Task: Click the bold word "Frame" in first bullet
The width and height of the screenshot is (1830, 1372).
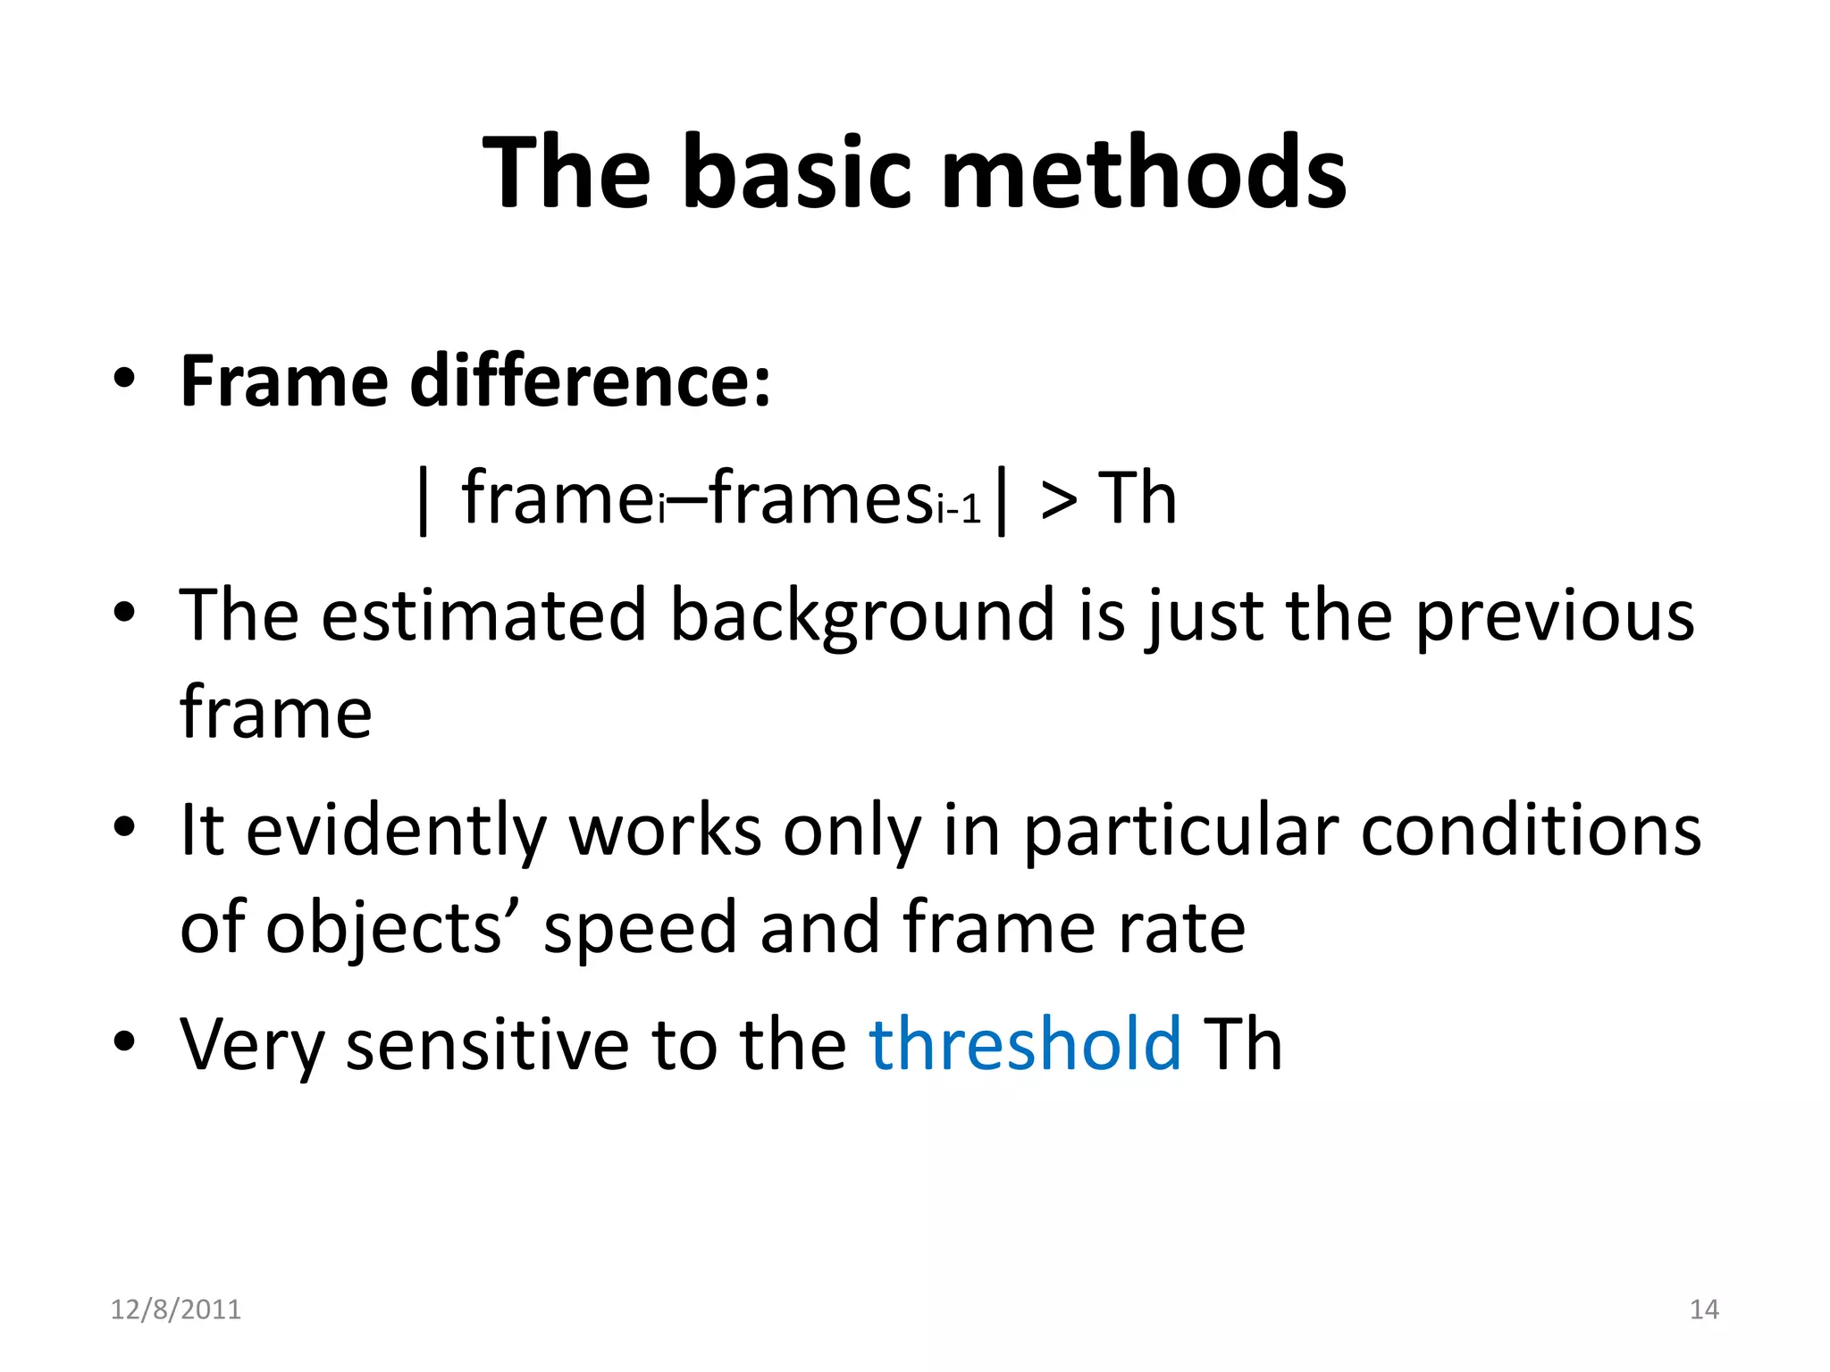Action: tap(284, 381)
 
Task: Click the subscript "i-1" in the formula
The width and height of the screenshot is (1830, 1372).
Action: tap(960, 511)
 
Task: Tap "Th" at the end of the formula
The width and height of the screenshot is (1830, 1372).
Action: tap(1137, 498)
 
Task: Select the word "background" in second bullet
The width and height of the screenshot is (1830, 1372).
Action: tap(862, 616)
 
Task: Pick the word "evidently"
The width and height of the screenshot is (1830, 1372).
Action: tap(396, 831)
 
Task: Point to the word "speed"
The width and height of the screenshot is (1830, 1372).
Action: tap(640, 929)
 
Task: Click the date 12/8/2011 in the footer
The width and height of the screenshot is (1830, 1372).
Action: tap(176, 1309)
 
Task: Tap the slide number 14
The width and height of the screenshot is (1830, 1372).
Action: tap(1704, 1309)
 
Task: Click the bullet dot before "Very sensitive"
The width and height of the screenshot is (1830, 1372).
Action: tap(124, 1042)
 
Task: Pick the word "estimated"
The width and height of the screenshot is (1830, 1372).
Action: tap(483, 616)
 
